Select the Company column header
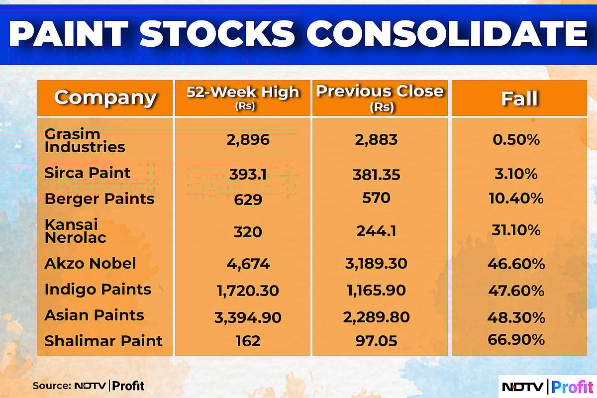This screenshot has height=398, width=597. point(105,98)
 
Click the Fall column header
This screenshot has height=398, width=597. point(519,98)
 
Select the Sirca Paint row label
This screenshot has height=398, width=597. point(88,173)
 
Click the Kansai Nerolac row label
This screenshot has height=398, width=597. point(75,231)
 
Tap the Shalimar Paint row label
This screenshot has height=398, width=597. point(103,341)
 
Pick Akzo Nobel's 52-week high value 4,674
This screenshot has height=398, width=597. point(242,264)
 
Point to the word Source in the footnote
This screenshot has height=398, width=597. point(50,386)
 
